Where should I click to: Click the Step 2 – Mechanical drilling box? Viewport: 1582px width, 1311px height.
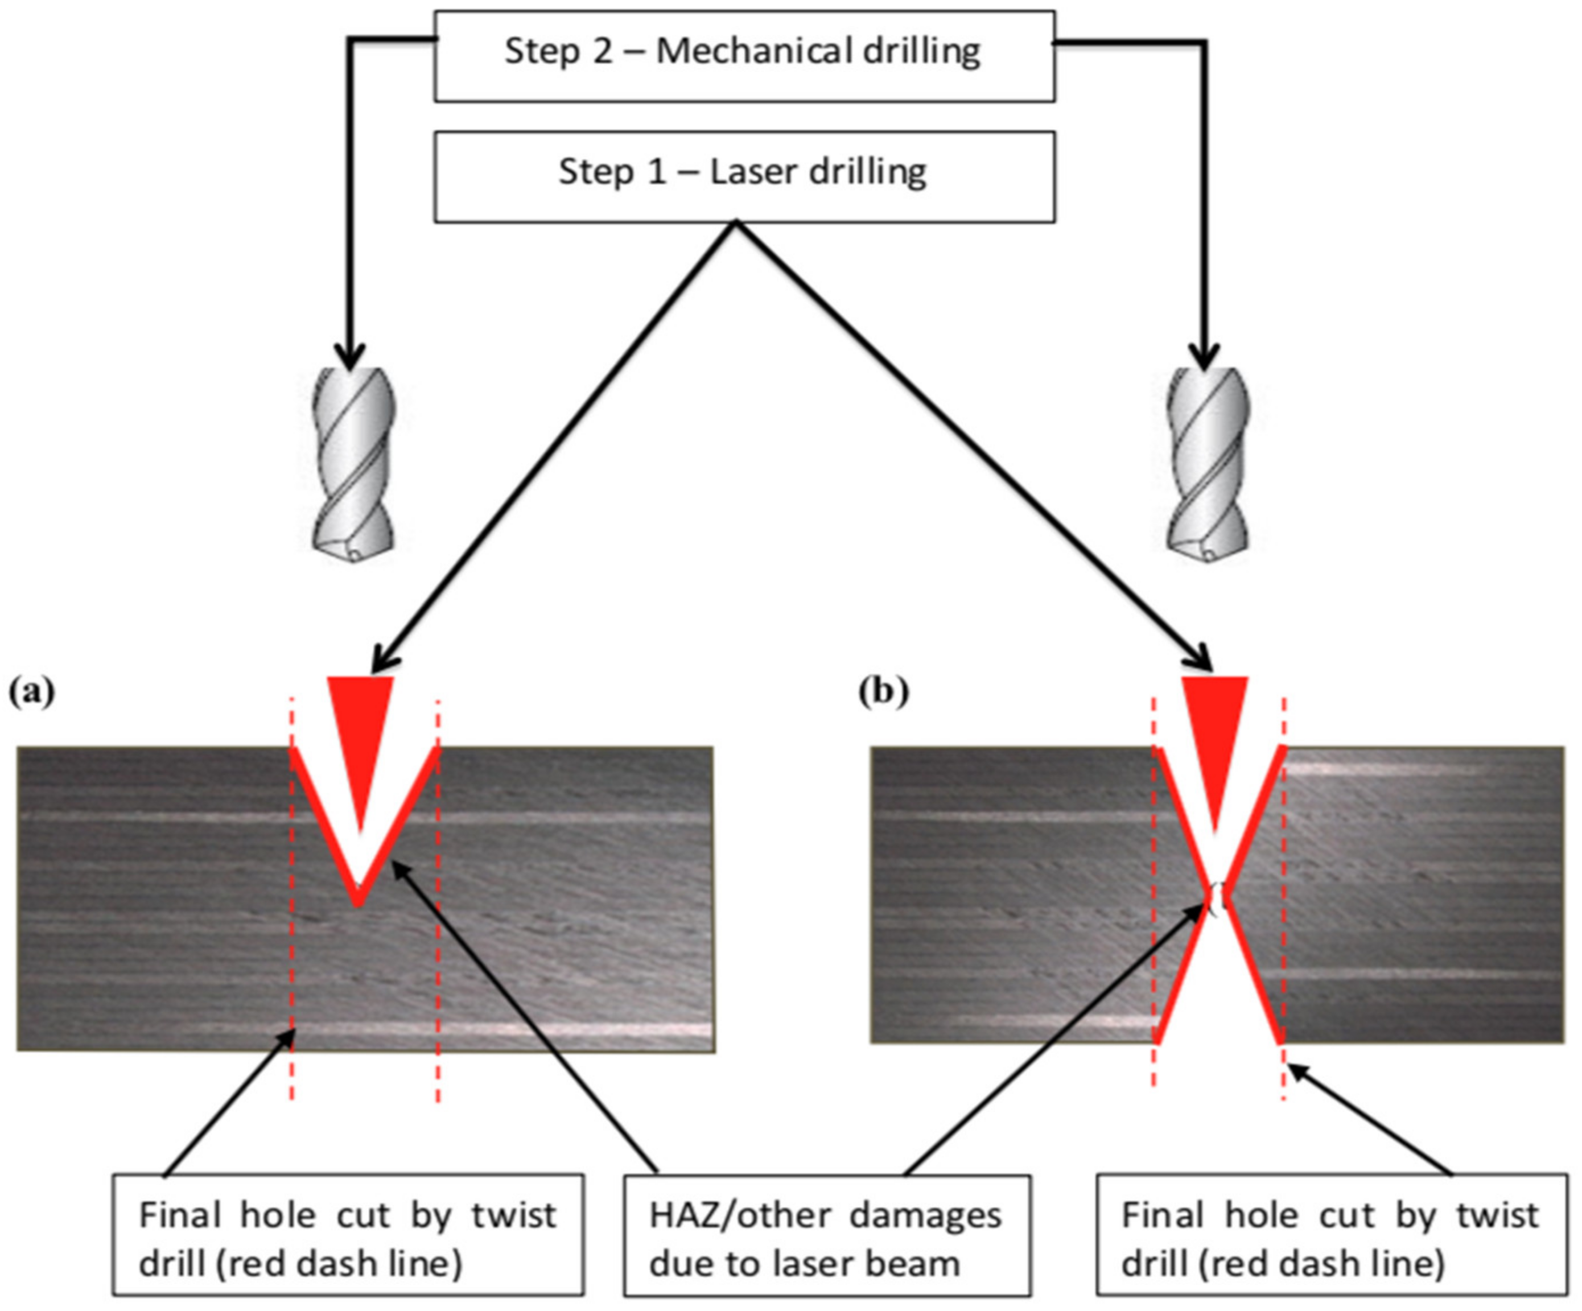(x=744, y=56)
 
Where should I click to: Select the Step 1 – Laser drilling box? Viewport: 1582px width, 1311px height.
(x=744, y=176)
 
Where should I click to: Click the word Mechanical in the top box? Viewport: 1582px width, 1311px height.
(x=753, y=51)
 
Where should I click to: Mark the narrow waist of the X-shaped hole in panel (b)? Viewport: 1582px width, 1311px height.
(x=1217, y=897)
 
